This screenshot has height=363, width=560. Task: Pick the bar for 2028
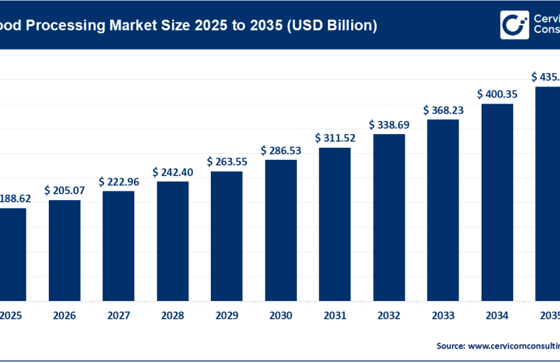coord(173,240)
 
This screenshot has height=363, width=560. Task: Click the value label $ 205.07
coord(65,190)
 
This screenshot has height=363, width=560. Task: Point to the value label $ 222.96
coord(119,181)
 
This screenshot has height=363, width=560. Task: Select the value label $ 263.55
coord(227,162)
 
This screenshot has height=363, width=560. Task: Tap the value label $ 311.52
coord(335,138)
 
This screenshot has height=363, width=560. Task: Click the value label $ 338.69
coord(389,124)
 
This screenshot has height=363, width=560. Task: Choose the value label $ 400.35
coord(497,94)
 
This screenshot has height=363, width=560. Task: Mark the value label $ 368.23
coord(443,110)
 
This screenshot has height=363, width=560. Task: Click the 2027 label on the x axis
coord(119,316)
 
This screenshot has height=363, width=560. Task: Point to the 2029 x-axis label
coord(227,316)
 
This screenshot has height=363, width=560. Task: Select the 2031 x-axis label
coord(335,316)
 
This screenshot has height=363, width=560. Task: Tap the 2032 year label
coord(389,316)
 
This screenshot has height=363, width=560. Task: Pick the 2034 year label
coord(497,316)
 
